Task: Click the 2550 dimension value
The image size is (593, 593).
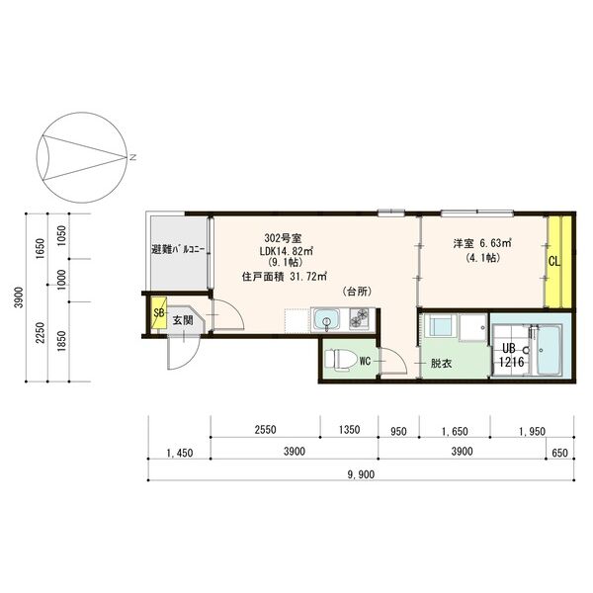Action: (264, 431)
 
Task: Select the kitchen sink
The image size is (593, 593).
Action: (326, 320)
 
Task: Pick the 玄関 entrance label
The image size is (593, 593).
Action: (182, 320)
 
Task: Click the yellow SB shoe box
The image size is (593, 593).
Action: (157, 315)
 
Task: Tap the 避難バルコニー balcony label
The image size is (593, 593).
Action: (178, 250)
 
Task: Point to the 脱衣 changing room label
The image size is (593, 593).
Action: (440, 364)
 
